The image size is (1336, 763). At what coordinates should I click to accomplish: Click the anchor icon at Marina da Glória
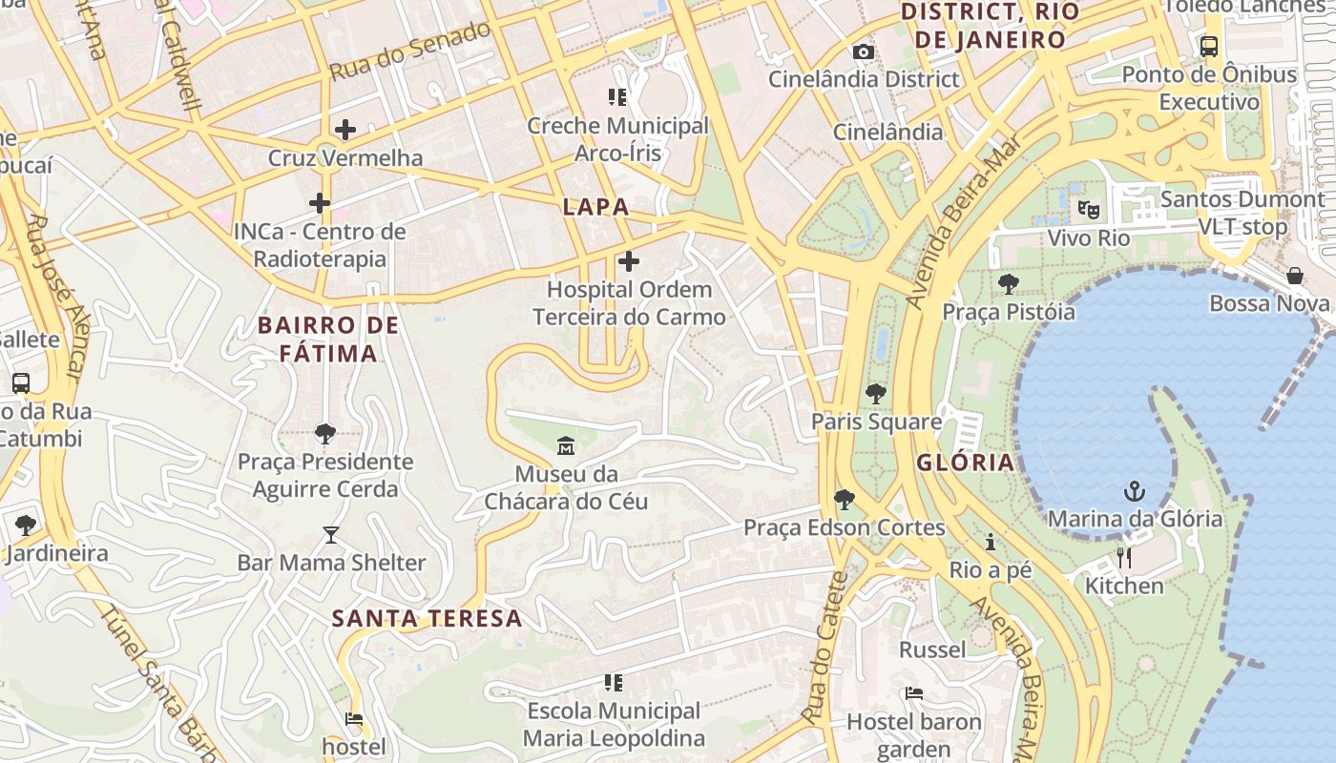tap(1135, 491)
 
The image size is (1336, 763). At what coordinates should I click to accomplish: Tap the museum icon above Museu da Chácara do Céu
tap(566, 445)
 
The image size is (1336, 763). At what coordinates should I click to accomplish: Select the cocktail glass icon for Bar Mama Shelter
tap(331, 534)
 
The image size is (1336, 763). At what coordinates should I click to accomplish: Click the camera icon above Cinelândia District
tap(864, 52)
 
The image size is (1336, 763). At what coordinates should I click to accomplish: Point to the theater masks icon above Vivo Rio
tap(1088, 209)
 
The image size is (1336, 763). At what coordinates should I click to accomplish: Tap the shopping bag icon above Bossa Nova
tap(1295, 276)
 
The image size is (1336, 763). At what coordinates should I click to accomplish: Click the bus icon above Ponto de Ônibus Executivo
tap(1209, 46)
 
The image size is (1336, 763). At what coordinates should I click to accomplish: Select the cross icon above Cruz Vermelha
tap(345, 130)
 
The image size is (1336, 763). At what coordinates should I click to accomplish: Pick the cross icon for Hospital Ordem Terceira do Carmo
tap(629, 260)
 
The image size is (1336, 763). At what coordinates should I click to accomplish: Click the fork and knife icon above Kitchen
tap(1124, 557)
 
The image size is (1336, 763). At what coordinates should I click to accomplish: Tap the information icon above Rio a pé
tap(991, 542)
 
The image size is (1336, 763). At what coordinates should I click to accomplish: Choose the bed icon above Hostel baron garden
tap(914, 693)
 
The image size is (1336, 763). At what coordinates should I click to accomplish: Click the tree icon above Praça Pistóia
tap(1008, 283)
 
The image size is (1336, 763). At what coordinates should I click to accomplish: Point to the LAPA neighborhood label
tap(595, 207)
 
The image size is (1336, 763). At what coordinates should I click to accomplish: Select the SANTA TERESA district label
tap(427, 618)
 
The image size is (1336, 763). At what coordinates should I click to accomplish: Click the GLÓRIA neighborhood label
tap(965, 463)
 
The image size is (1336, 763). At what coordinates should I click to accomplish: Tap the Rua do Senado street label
tap(410, 50)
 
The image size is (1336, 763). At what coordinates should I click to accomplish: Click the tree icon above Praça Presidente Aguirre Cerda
tap(325, 434)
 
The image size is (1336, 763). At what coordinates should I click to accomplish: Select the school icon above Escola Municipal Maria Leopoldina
tap(614, 683)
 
